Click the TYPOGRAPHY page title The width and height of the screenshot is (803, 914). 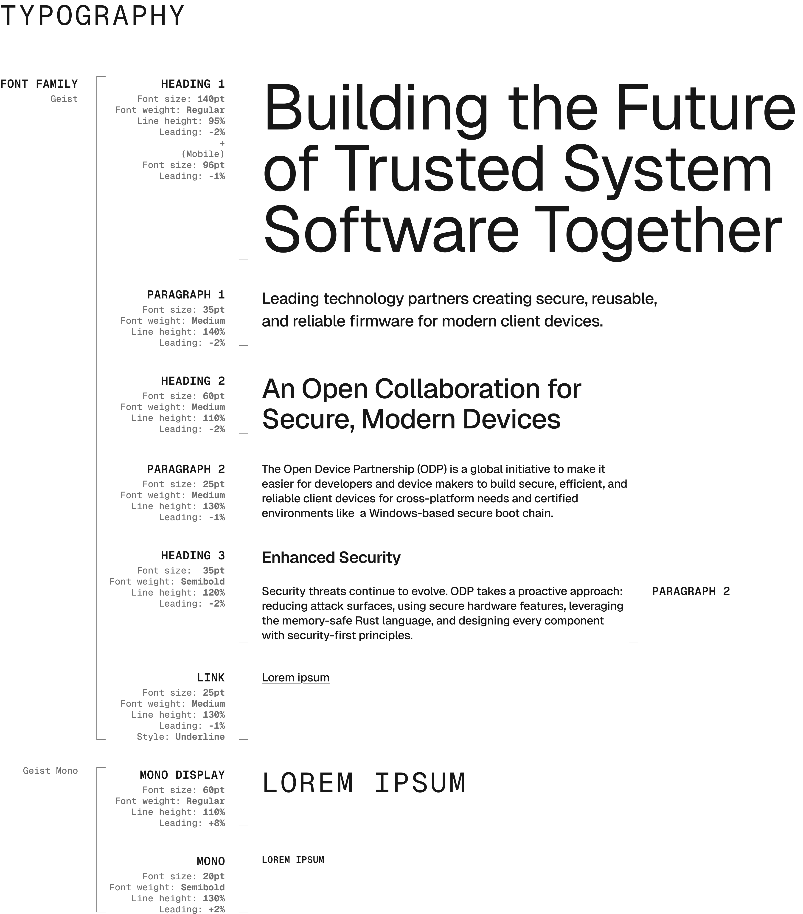click(92, 16)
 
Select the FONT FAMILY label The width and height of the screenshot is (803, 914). click(39, 84)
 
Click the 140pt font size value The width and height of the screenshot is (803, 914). click(211, 99)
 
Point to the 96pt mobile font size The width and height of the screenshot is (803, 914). click(214, 165)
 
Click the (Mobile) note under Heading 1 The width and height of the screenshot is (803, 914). click(203, 154)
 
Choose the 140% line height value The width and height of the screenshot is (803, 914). click(214, 332)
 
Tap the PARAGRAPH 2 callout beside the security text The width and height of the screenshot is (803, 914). click(691, 592)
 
